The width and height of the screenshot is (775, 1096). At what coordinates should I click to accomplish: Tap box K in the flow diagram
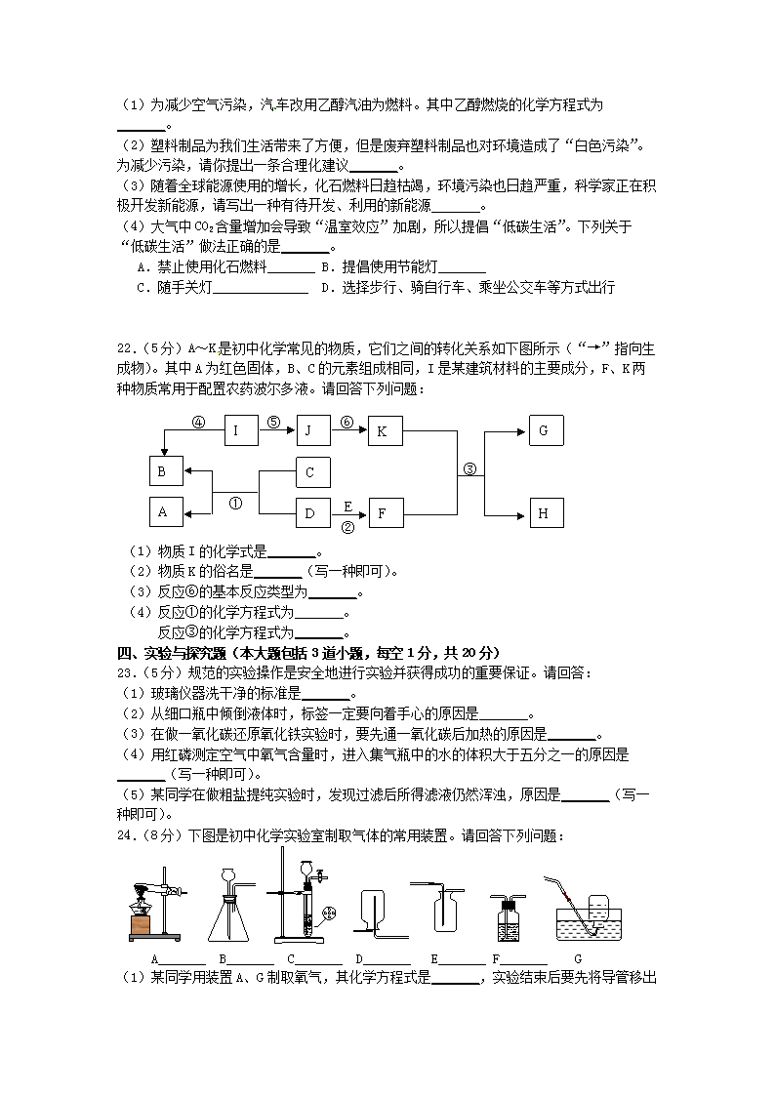coord(385,430)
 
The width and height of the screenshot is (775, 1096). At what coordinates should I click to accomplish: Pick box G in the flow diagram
coord(546,430)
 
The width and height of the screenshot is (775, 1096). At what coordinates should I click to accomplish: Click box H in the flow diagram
coord(546,511)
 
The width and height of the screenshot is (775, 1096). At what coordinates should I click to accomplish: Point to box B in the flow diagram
coord(166,471)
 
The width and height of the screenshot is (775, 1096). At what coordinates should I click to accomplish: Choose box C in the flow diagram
coord(312,471)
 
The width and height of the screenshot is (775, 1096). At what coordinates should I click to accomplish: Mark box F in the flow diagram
coord(385,511)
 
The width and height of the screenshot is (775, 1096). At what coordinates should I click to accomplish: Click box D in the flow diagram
coord(312,511)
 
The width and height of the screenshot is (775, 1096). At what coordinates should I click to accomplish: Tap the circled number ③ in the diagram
coord(469,469)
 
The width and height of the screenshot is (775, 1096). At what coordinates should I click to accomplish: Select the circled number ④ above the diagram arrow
coord(198,423)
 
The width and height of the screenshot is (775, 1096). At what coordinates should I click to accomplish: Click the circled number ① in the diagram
coord(235,504)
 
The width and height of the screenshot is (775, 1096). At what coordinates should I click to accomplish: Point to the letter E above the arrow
coord(347,506)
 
